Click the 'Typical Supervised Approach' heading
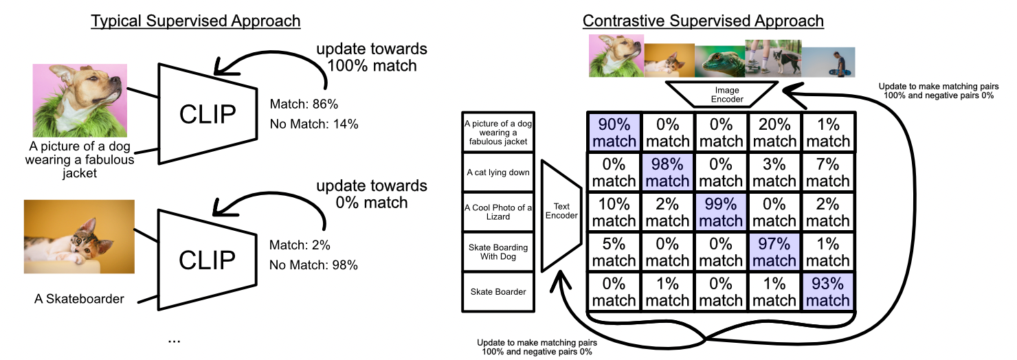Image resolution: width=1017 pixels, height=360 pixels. point(195,21)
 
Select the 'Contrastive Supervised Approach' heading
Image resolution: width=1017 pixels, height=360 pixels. point(703,21)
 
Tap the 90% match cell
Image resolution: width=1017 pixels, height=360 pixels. point(614,132)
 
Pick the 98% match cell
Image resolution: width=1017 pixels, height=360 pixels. point(667,172)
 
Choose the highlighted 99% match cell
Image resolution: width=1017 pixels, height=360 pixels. point(721,212)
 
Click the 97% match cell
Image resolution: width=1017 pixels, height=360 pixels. point(774,252)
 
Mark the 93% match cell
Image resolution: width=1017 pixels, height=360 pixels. point(827,292)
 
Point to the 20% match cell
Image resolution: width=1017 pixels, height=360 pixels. point(774,132)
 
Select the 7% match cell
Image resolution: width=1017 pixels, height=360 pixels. point(827,172)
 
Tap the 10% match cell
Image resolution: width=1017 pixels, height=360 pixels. point(614,212)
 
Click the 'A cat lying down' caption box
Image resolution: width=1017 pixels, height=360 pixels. point(498,172)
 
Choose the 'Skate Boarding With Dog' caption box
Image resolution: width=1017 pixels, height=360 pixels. point(498,252)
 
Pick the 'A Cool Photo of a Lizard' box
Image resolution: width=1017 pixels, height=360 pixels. point(498,212)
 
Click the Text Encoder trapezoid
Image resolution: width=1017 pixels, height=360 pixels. point(561,216)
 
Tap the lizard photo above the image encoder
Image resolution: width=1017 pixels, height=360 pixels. point(720,61)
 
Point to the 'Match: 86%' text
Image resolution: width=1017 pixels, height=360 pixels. point(304,104)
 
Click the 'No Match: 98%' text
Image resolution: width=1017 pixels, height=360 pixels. point(313,265)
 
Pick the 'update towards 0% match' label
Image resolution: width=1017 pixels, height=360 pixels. point(371,194)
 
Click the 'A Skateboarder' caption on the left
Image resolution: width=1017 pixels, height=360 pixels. point(79,299)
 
